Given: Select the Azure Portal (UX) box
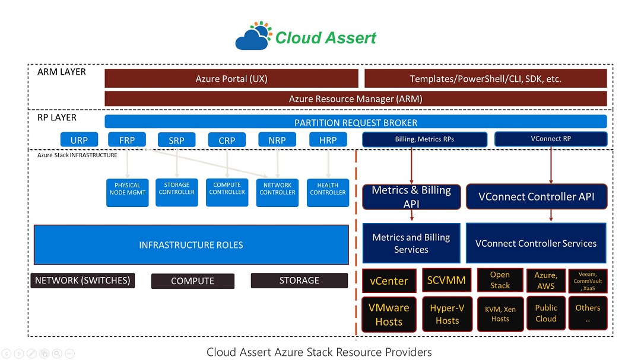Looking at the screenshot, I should [231, 78].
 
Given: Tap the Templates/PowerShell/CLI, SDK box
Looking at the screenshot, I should [485, 78].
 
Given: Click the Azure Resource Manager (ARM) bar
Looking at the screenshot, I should [356, 99].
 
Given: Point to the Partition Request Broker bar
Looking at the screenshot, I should [356, 122].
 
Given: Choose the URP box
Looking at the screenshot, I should [79, 140].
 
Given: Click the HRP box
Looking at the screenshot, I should [328, 140].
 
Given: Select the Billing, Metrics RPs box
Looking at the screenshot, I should [424, 139].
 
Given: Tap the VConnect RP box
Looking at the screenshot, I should [551, 139].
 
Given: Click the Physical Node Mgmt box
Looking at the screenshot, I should [127, 192].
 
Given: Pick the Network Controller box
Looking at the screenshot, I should [277, 192].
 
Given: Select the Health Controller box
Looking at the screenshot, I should [328, 192].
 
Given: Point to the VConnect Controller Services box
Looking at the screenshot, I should [536, 243].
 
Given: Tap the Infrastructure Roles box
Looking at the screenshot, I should [191, 244].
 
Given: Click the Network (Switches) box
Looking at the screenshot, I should [82, 281].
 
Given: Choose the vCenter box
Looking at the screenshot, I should [389, 281].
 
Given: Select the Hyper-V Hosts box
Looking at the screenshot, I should [447, 314].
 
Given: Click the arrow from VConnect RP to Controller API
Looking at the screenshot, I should [551, 165].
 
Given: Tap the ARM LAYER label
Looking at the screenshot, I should [62, 72].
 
